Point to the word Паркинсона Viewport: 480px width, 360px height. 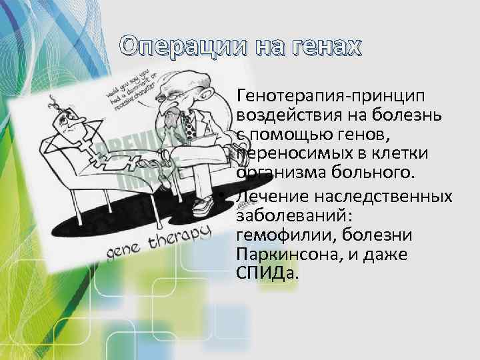click(x=291, y=254)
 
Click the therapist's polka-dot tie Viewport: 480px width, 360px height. click(x=189, y=124)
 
